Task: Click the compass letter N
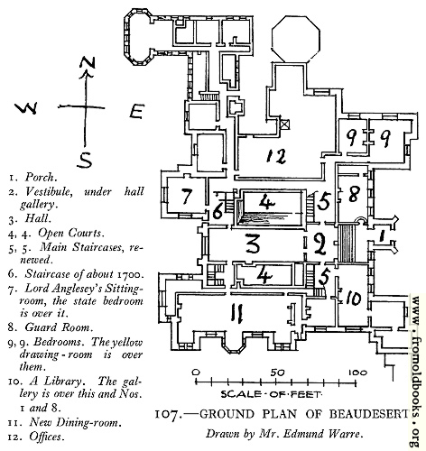tap(88, 63)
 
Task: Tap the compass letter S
tap(85, 160)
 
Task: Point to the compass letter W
tap(26, 107)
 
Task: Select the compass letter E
tap(137, 111)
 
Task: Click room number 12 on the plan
tap(276, 156)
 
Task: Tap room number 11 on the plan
tap(237, 313)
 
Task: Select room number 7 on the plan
tap(187, 196)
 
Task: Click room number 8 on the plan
tap(353, 194)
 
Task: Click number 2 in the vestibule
tap(319, 244)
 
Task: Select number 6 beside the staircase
tap(218, 211)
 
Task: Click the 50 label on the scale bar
tap(277, 373)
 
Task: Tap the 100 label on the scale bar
tap(357, 373)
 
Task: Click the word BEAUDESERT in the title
tap(369, 414)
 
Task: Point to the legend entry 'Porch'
tap(41, 177)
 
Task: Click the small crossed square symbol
tap(285, 124)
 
